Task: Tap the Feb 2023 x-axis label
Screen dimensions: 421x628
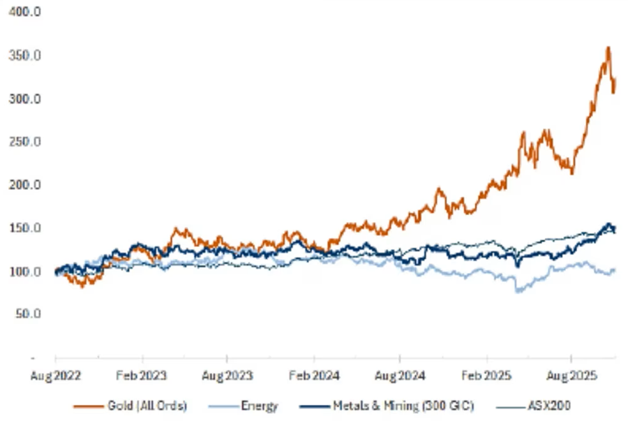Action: (x=142, y=376)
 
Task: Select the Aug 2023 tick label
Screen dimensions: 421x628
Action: (x=228, y=376)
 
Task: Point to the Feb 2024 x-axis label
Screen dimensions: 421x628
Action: (x=314, y=376)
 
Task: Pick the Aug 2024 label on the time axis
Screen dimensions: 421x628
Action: (x=400, y=376)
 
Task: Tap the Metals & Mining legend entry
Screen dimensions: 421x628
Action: (x=389, y=405)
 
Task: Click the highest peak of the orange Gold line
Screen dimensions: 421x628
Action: (x=608, y=47)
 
